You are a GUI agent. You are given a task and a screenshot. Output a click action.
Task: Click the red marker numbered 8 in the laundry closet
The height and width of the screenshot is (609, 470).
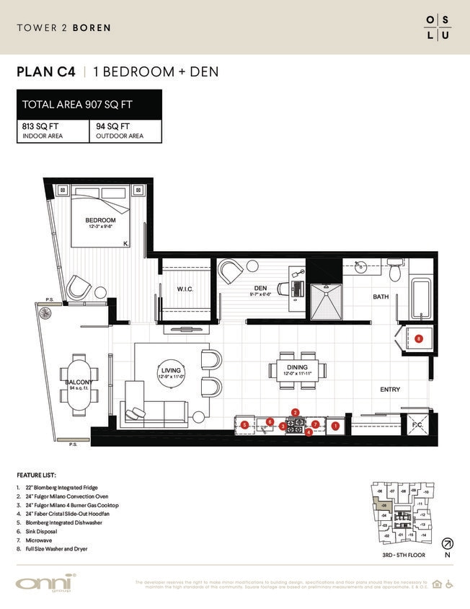pos(418,338)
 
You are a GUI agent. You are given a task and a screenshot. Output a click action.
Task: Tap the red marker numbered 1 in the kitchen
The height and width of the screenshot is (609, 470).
pos(335,426)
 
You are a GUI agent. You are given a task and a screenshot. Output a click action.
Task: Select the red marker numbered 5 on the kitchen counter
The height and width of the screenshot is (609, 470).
pos(245,425)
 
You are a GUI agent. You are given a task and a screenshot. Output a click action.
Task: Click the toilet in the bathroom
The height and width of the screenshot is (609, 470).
pos(394,272)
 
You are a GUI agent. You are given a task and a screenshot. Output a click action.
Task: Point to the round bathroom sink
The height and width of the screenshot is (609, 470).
pos(360,271)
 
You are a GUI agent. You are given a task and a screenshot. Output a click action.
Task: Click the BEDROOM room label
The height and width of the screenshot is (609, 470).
pos(100,220)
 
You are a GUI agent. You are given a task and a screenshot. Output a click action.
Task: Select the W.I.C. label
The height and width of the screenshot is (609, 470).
pos(185,289)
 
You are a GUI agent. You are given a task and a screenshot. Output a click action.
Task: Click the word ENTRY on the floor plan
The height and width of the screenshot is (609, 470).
pos(390,390)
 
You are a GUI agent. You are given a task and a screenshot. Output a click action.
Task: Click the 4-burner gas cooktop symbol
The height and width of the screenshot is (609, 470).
pos(296,424)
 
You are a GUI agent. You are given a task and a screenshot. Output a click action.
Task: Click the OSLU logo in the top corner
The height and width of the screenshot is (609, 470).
pos(438,27)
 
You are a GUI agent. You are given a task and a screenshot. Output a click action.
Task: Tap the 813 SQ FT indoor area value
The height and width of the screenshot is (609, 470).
pos(40,126)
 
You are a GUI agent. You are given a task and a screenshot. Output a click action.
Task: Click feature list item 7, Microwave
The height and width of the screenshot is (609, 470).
pos(35,540)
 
